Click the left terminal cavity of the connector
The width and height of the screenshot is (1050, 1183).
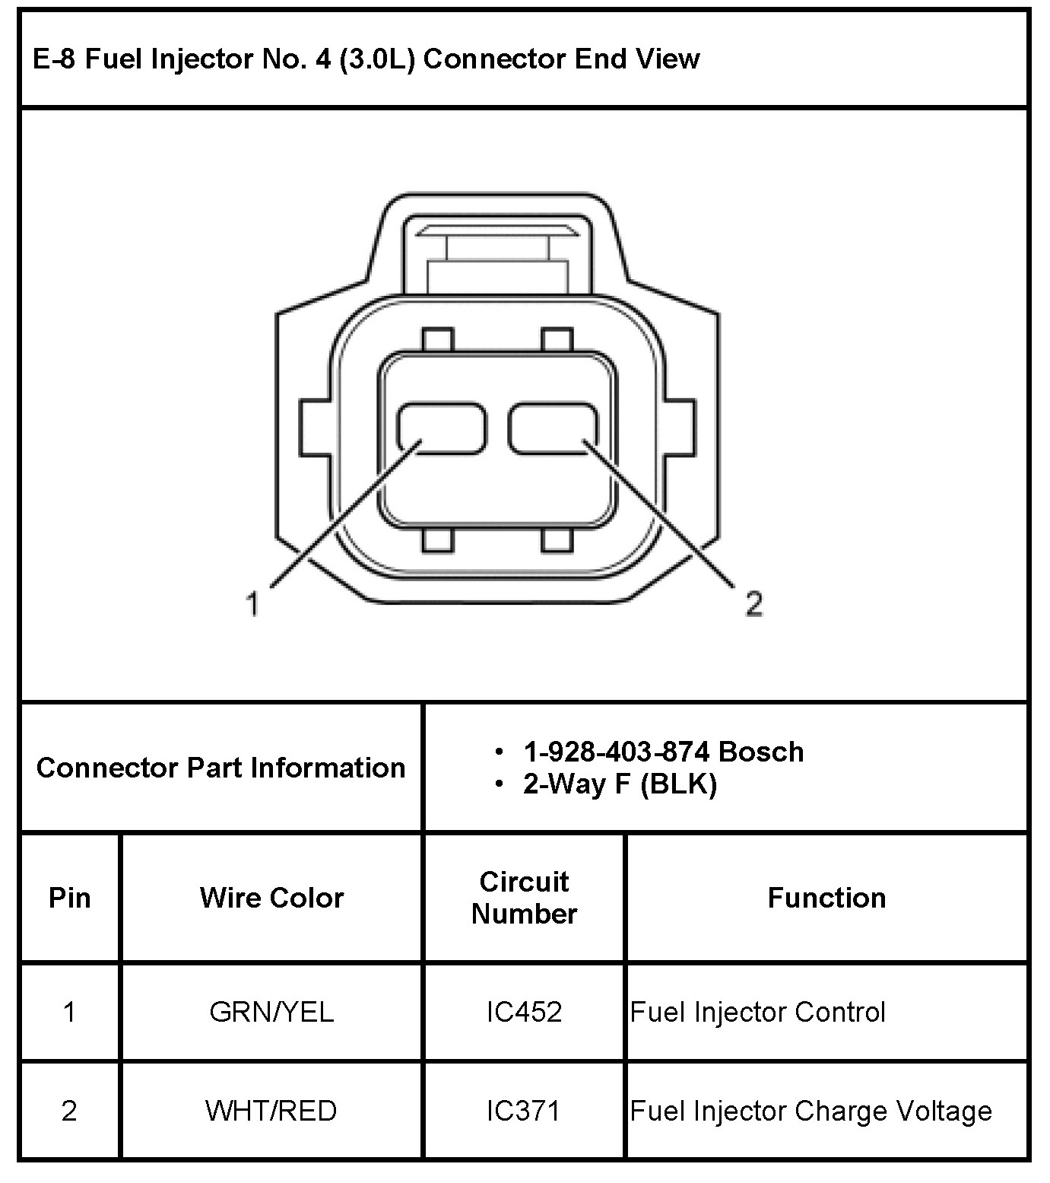click(x=442, y=428)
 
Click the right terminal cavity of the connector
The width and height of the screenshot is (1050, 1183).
click(x=554, y=428)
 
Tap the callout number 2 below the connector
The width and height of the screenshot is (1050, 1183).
click(x=753, y=604)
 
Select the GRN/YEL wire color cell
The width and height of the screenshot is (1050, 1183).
click(x=271, y=1012)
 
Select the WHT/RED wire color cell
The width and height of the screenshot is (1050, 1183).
click(x=271, y=1111)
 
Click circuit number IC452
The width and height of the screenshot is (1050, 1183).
click(x=524, y=1012)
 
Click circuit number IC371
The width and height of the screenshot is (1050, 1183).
click(x=524, y=1111)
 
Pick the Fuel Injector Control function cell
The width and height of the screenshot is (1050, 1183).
click(x=758, y=1012)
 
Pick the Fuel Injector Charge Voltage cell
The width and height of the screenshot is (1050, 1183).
click(x=811, y=1111)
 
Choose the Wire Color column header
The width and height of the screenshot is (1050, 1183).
click(x=271, y=898)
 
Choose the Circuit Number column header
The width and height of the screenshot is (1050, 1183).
click(x=524, y=898)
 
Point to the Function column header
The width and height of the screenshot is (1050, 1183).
click(x=826, y=898)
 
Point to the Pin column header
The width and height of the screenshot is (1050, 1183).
click(x=70, y=898)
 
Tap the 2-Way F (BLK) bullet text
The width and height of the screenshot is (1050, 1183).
click(x=620, y=784)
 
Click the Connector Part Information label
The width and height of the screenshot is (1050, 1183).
click(x=220, y=768)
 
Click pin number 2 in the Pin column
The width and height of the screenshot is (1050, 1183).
click(x=69, y=1111)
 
